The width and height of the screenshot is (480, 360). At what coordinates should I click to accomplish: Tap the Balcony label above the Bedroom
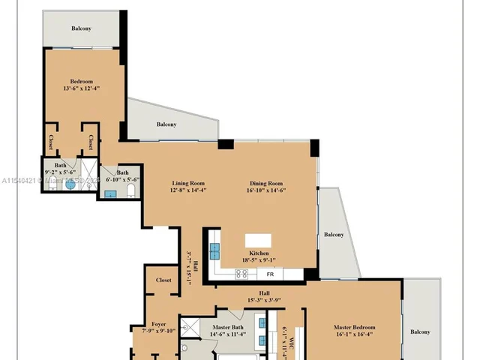click(x=82, y=28)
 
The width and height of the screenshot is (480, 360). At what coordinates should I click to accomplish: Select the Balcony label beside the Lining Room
click(x=166, y=124)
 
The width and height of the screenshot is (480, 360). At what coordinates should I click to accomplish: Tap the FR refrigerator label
click(x=269, y=274)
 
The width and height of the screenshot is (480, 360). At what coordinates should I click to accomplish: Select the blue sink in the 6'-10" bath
click(x=110, y=194)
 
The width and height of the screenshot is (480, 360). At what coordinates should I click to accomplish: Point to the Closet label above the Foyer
click(x=163, y=280)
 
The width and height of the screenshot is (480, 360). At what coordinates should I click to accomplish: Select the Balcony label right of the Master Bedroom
click(x=420, y=331)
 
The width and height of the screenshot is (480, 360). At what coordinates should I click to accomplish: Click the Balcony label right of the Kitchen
click(x=334, y=235)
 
